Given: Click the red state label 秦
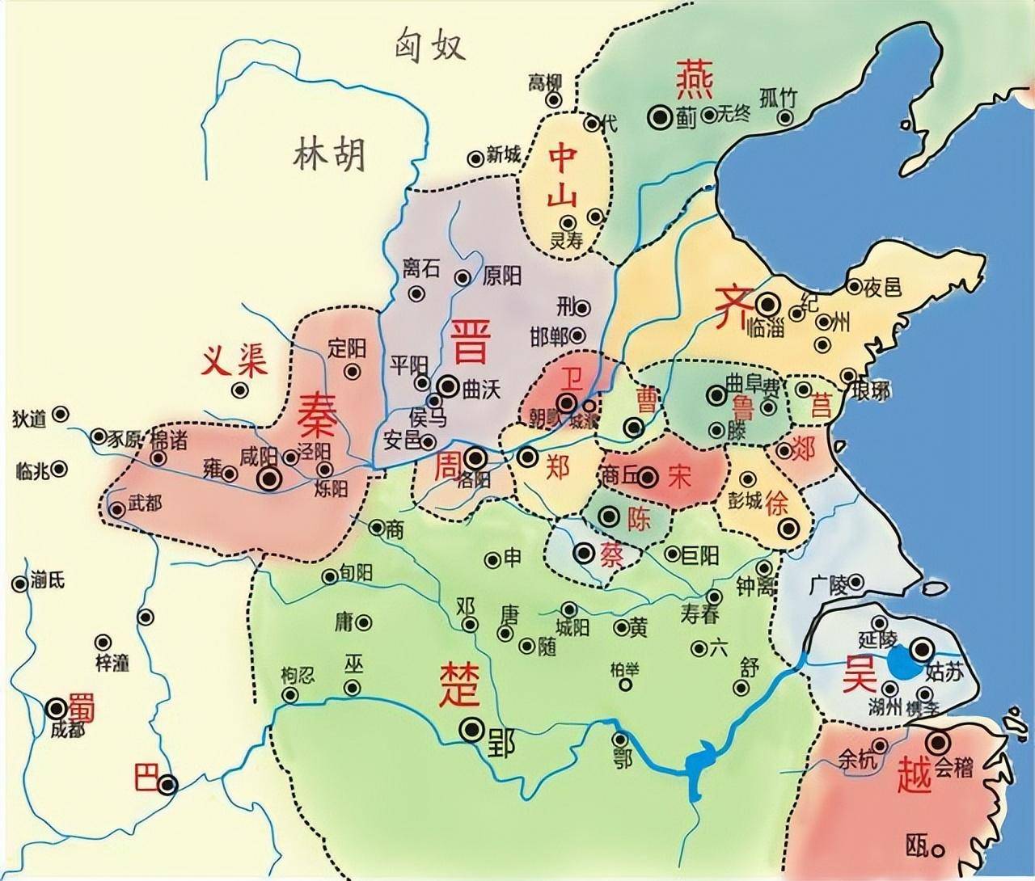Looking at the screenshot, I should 320,416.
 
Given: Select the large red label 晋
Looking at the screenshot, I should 470,340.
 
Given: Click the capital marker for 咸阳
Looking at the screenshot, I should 269,479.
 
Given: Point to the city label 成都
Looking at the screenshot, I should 67,728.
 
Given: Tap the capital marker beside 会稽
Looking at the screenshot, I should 939,742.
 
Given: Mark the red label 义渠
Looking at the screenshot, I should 234,364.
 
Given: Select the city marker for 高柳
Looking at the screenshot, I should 554,100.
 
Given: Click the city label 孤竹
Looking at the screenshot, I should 778,98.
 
